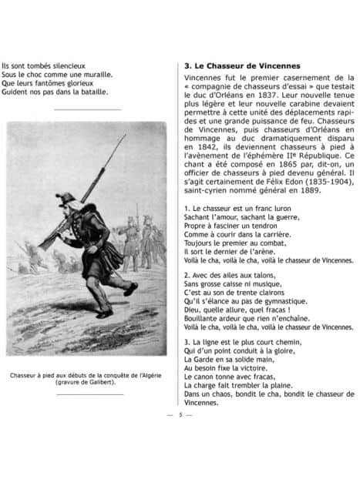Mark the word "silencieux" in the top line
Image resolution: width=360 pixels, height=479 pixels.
(x=69, y=65)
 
